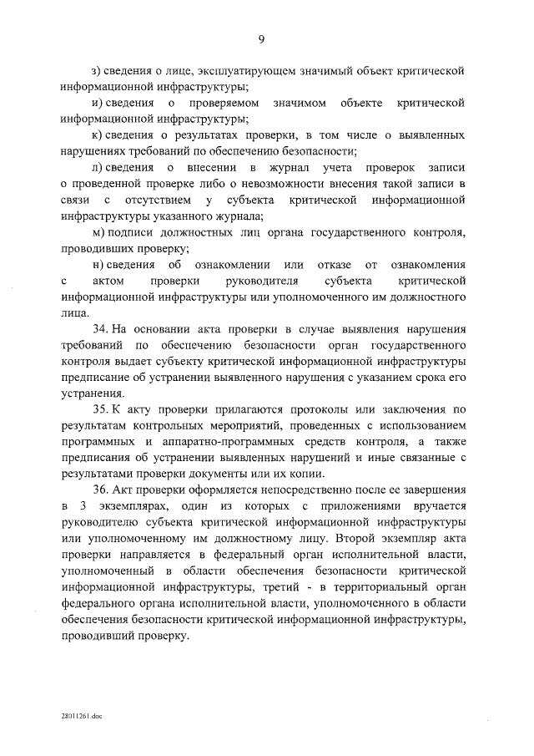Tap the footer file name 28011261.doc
79,716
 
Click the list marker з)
97,69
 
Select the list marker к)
97,134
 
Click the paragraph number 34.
101,328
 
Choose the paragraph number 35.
101,408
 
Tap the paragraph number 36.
101,489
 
